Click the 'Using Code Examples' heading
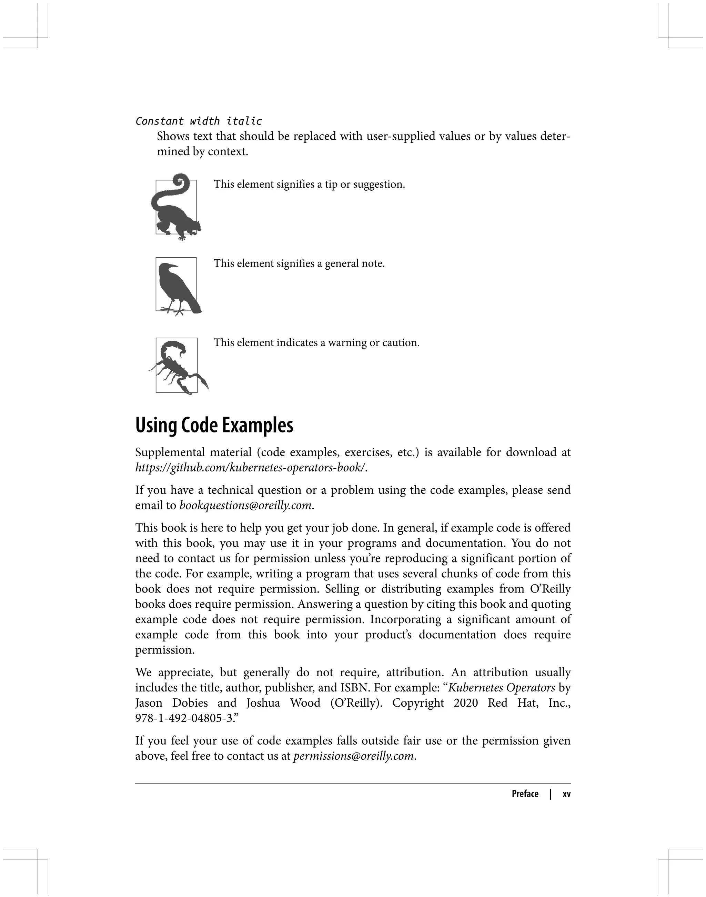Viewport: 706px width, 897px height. click(214, 425)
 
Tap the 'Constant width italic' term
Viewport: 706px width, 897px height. click(199, 121)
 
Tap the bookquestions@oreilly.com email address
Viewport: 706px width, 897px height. click(245, 505)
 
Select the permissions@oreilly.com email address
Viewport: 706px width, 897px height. click(353, 756)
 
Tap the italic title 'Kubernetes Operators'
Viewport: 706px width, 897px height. click(501, 687)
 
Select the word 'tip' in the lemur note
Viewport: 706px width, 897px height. click(331, 185)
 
